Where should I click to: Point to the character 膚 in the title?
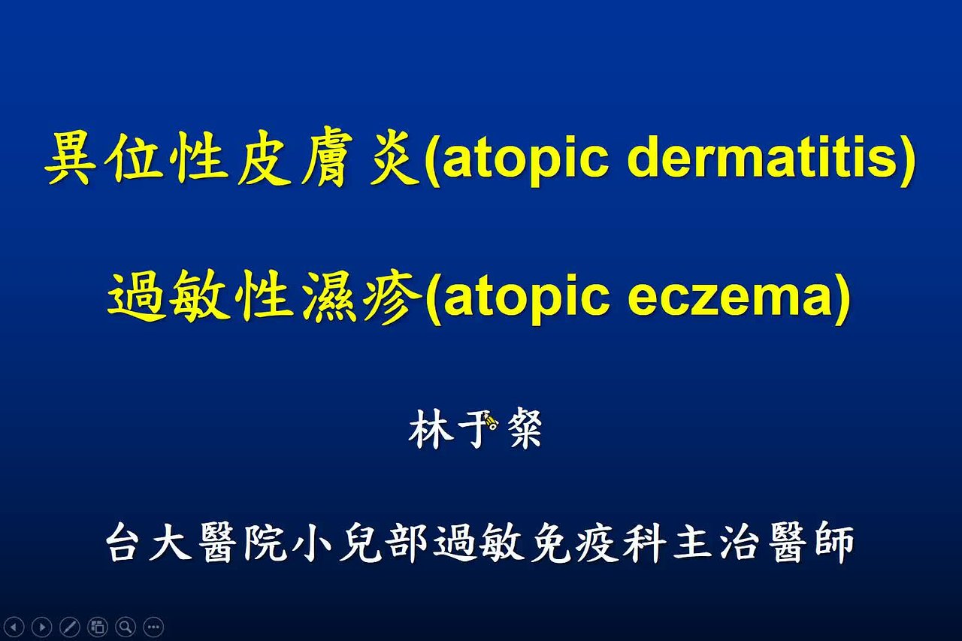coord(327,158)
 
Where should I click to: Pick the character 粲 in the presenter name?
coord(525,428)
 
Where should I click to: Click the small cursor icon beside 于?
coord(491,420)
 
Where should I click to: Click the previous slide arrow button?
coord(14,627)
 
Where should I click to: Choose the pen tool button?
coord(70,627)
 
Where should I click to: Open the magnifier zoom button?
coord(126,627)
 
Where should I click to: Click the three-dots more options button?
coord(153,627)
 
